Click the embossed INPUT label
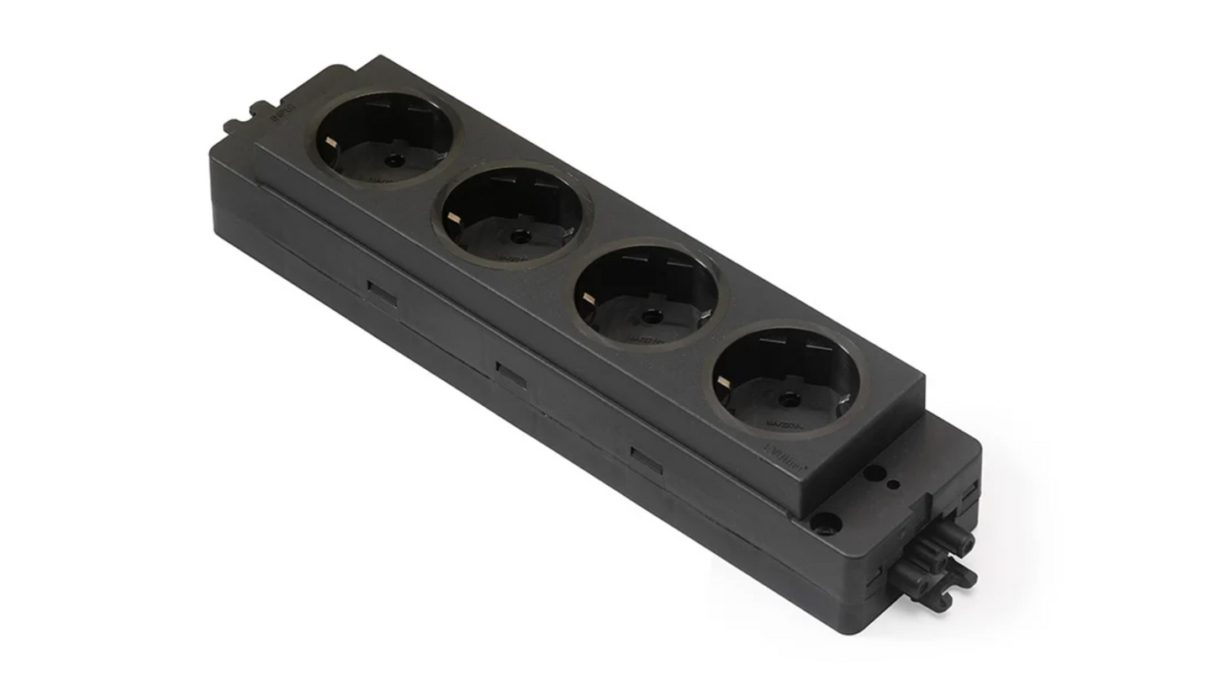(283, 113)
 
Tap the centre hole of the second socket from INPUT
(519, 236)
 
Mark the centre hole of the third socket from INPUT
(651, 316)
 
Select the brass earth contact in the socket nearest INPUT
(331, 143)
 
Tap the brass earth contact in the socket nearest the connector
(722, 382)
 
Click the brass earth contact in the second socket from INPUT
(454, 218)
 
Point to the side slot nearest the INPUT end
(382, 293)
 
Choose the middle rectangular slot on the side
(510, 375)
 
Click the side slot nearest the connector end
(646, 461)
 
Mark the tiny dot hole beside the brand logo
(893, 484)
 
